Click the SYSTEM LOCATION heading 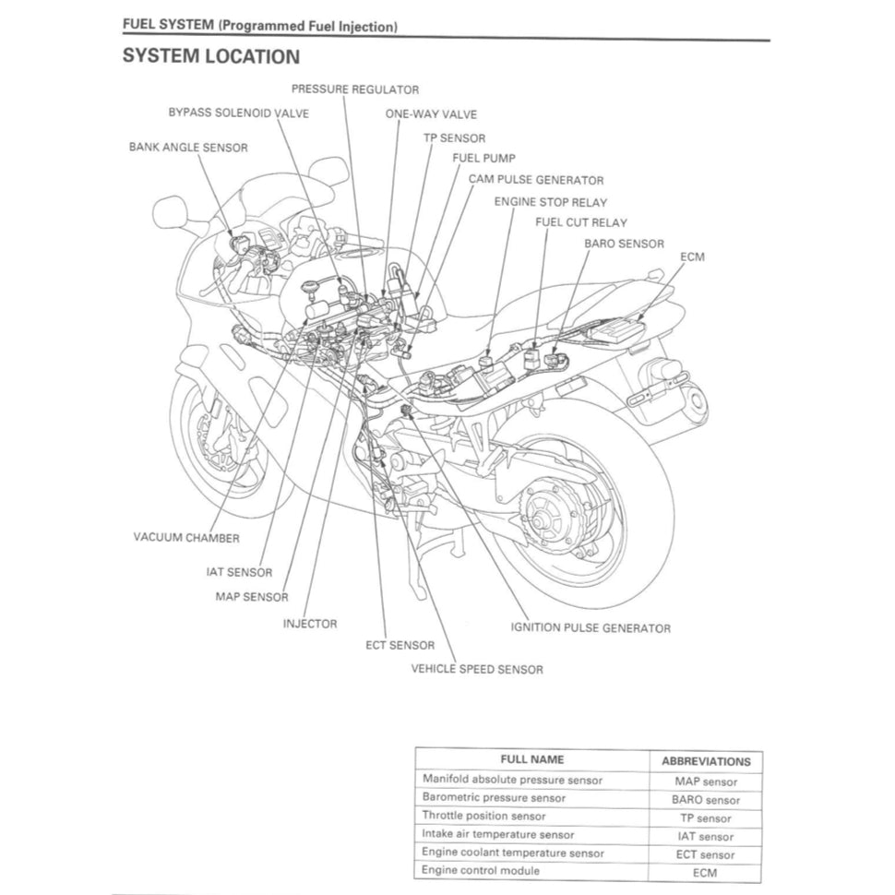pos(211,57)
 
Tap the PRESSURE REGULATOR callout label pos(355,89)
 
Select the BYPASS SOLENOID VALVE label pos(238,113)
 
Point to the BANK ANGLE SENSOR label pos(188,147)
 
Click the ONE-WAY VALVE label pos(431,114)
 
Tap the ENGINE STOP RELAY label pos(551,202)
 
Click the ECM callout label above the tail pos(692,257)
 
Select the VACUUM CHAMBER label pos(186,538)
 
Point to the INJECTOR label pos(310,624)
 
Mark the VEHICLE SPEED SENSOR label pos(477,669)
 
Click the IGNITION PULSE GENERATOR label pos(591,628)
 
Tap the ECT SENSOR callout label pos(400,646)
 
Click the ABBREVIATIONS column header pos(706,762)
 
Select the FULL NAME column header pos(532,760)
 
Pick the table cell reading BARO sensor pos(706,800)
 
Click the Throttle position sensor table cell pos(484,817)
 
